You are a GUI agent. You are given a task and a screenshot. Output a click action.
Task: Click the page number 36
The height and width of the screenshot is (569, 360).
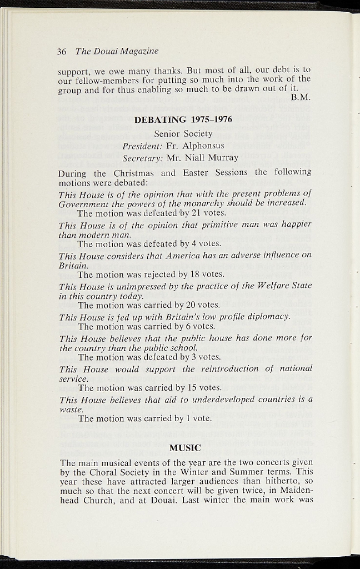[x=62, y=52]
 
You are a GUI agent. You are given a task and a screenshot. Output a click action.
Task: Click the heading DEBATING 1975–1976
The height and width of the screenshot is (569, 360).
[x=183, y=119]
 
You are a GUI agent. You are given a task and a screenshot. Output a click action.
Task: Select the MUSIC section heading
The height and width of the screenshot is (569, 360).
[x=184, y=447]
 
